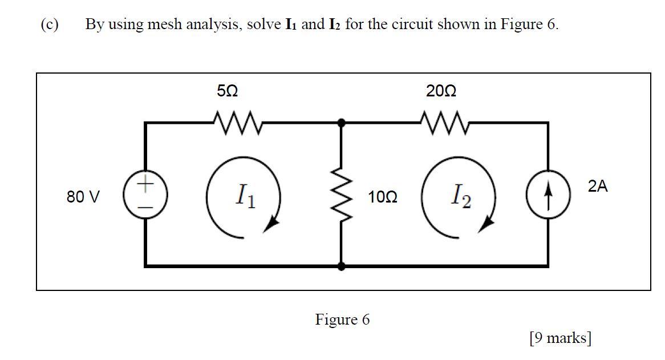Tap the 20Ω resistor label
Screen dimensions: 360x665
click(x=441, y=91)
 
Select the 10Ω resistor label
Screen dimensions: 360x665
click(x=383, y=198)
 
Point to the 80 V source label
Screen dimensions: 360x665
click(x=83, y=197)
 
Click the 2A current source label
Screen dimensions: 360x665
click(x=598, y=186)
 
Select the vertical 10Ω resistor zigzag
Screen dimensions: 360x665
click(x=341, y=194)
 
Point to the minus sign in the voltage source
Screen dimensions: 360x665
click(x=146, y=207)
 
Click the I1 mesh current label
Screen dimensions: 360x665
click(x=245, y=197)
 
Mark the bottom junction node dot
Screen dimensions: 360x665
click(x=341, y=266)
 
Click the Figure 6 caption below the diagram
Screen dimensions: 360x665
click(x=342, y=319)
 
